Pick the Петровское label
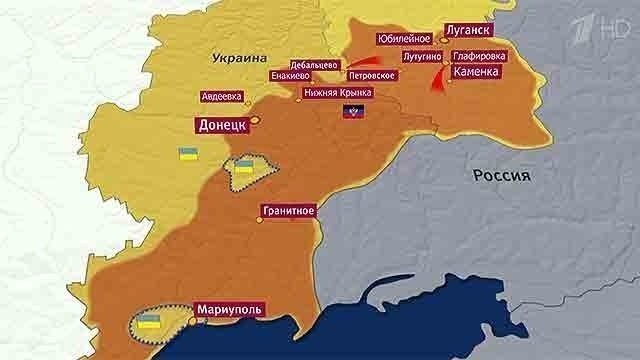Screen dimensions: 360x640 [372, 75]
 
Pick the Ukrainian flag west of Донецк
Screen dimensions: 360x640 [186, 155]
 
